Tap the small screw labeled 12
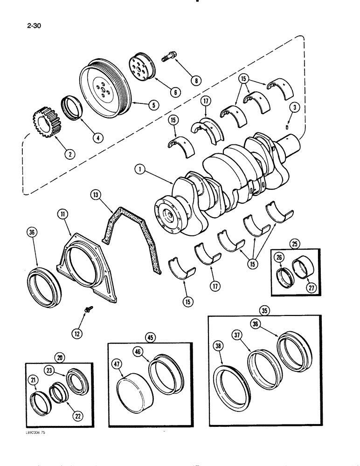[88, 308]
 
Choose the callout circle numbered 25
[294, 243]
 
